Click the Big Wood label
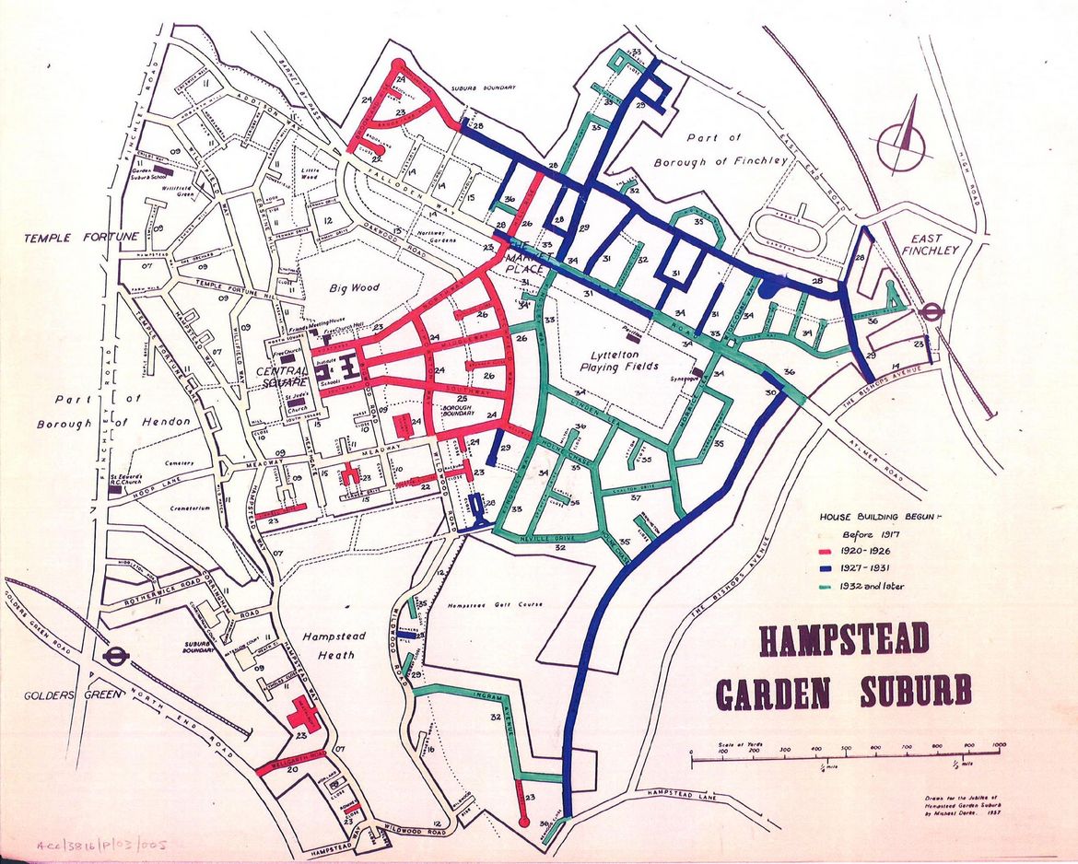click(355, 288)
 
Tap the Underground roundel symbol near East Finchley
click(932, 311)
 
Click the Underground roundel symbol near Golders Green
click(116, 657)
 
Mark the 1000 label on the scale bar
click(999, 744)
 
